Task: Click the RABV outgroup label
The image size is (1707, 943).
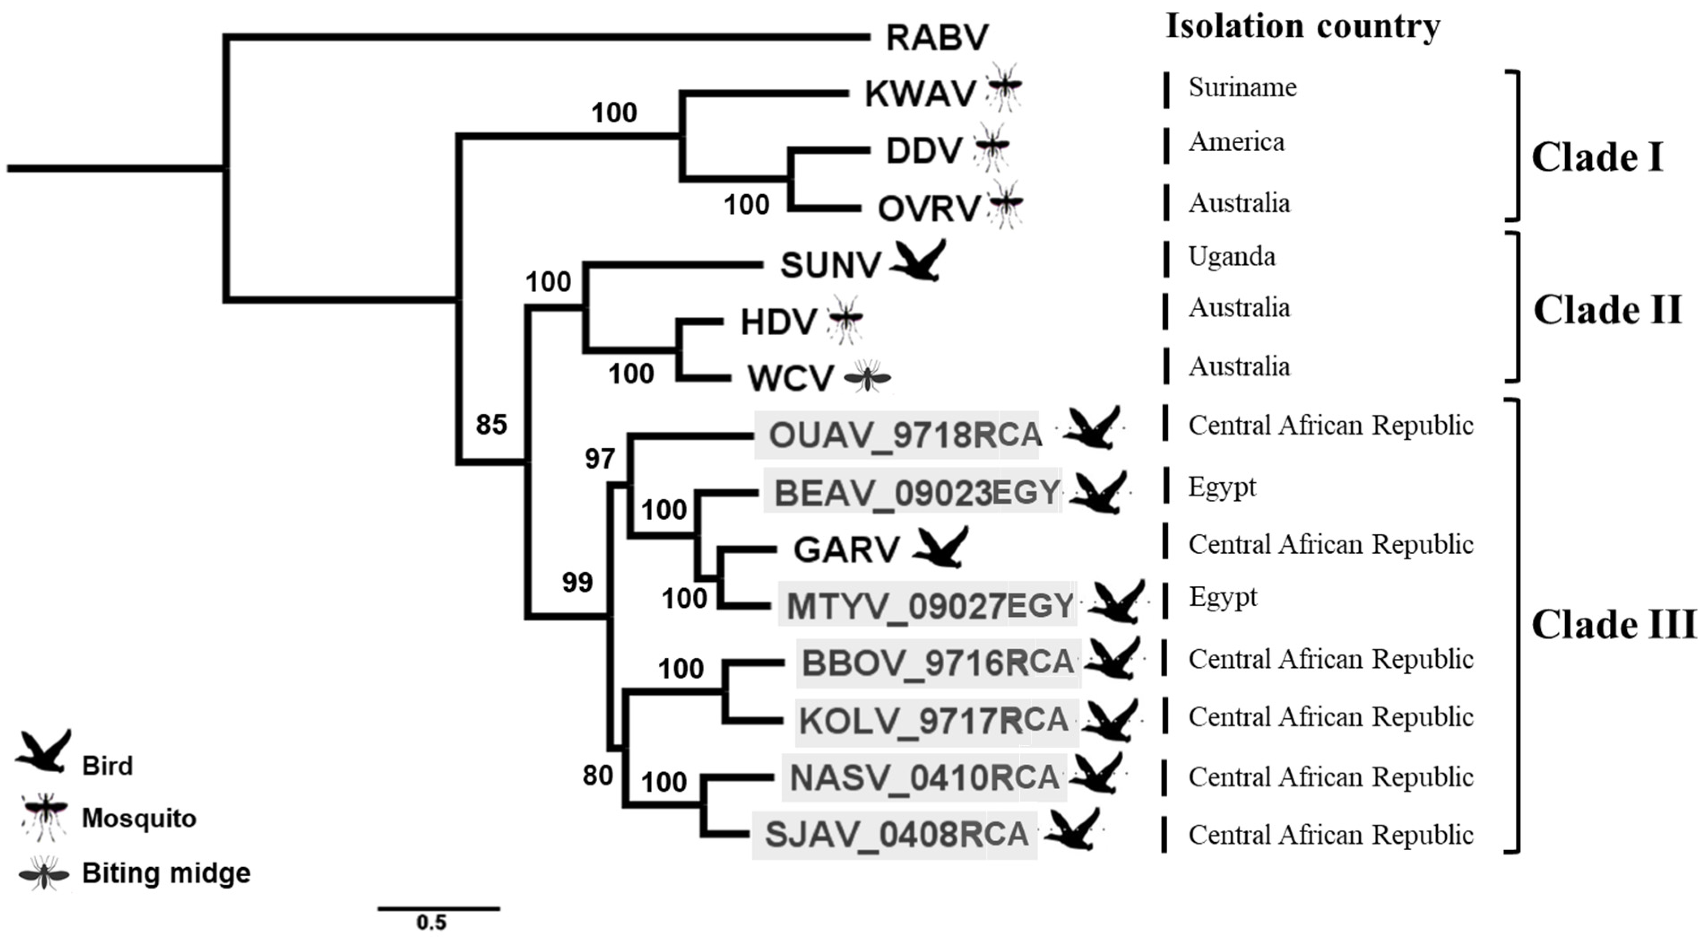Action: pyautogui.click(x=937, y=38)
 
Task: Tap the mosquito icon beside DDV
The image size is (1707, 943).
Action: pyautogui.click(x=991, y=147)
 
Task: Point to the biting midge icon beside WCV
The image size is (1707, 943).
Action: pyautogui.click(x=867, y=377)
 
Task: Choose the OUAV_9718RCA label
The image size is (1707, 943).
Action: pyautogui.click(x=905, y=435)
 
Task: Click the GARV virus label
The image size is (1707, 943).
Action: pyautogui.click(x=846, y=549)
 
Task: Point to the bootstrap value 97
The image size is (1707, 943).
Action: pyautogui.click(x=600, y=459)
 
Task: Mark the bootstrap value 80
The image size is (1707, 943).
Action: pyautogui.click(x=597, y=774)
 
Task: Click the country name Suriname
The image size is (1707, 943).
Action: pyautogui.click(x=1242, y=87)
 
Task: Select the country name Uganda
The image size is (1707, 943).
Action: pyautogui.click(x=1231, y=256)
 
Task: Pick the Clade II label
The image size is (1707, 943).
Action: pyautogui.click(x=1608, y=309)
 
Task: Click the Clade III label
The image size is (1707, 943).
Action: pyautogui.click(x=1613, y=624)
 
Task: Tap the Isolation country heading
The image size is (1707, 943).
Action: pyautogui.click(x=1303, y=26)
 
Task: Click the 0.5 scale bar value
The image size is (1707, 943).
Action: pyautogui.click(x=431, y=922)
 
